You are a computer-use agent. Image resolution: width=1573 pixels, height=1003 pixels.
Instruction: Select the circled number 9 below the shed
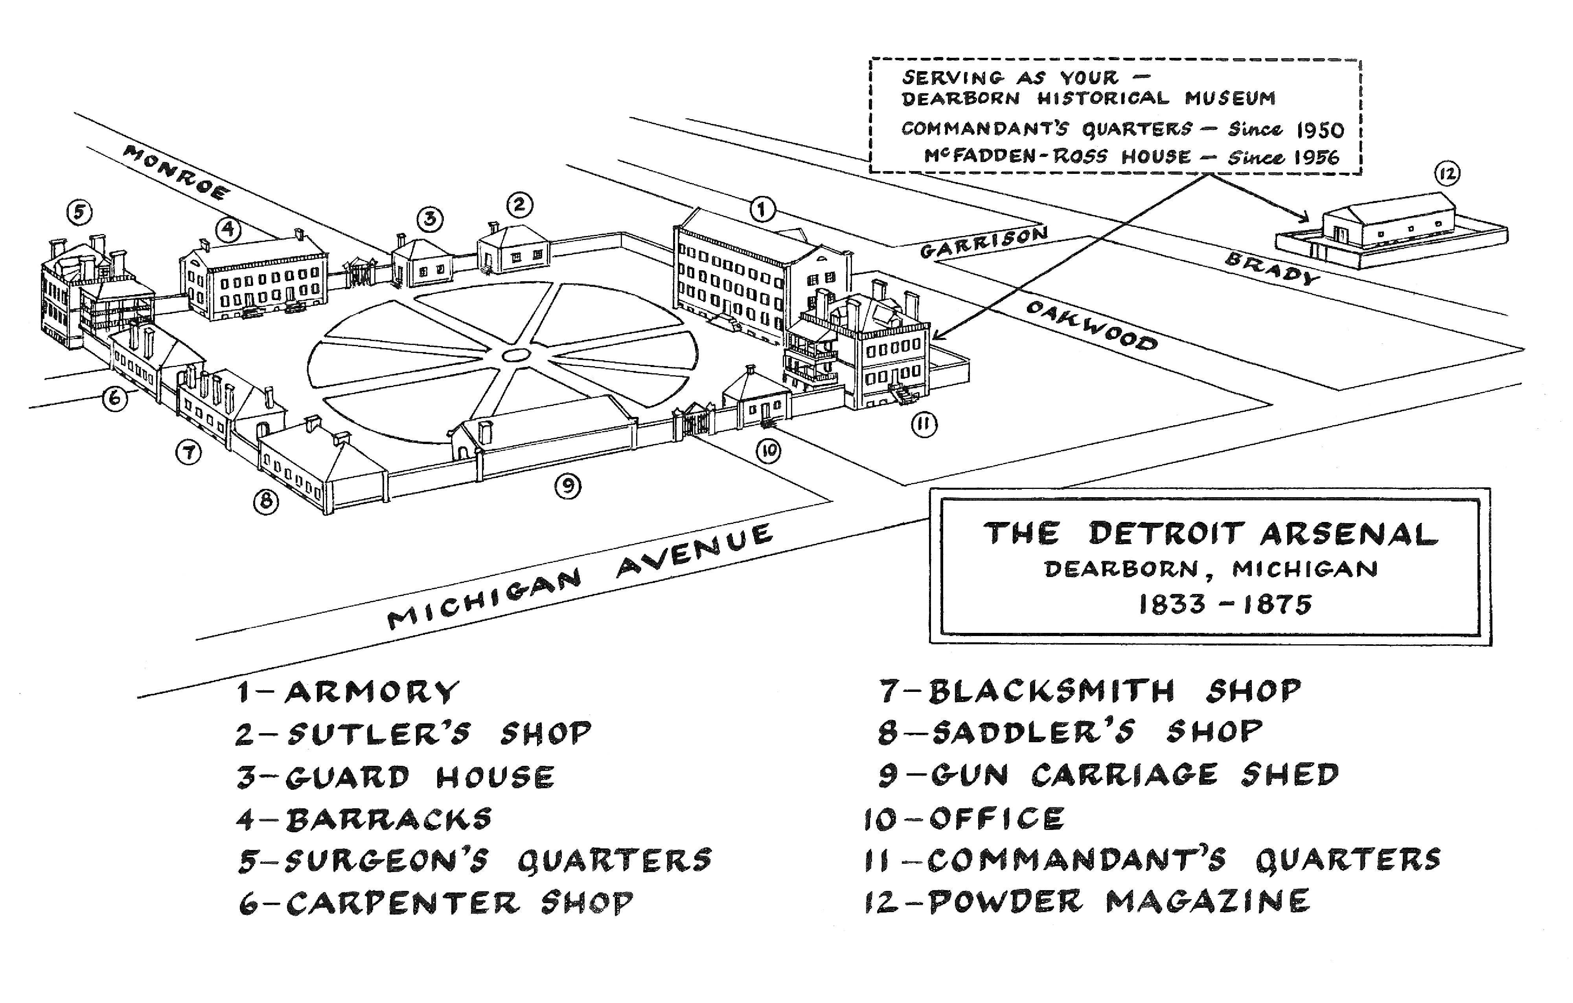[x=568, y=485]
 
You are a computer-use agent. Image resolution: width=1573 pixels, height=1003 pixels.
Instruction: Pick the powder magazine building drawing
[x=1391, y=229]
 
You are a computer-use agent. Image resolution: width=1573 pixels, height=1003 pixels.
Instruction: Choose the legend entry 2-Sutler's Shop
[x=414, y=733]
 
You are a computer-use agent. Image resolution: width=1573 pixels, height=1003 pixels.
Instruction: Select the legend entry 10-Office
[x=964, y=819]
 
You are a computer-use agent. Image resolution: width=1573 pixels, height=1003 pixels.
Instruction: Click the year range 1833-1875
[x=1225, y=605]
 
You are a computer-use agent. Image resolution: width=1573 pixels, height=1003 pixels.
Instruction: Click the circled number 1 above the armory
[x=762, y=210]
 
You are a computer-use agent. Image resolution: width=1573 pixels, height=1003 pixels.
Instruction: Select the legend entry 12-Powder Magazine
[x=1087, y=902]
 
